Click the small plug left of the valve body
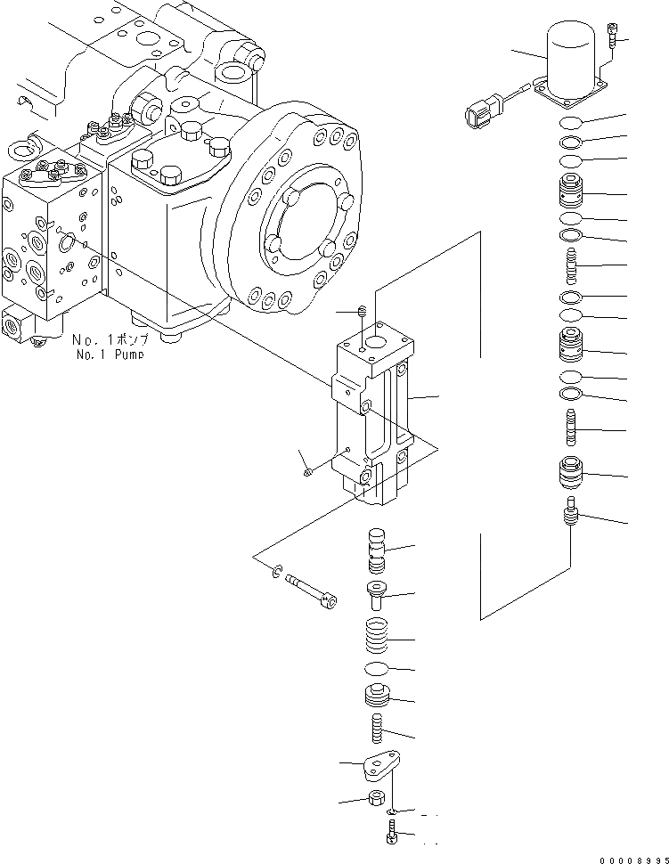tap(306, 472)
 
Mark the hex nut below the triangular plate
tap(376, 799)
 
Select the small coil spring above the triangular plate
tap(377, 730)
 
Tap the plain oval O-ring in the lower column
tap(378, 668)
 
